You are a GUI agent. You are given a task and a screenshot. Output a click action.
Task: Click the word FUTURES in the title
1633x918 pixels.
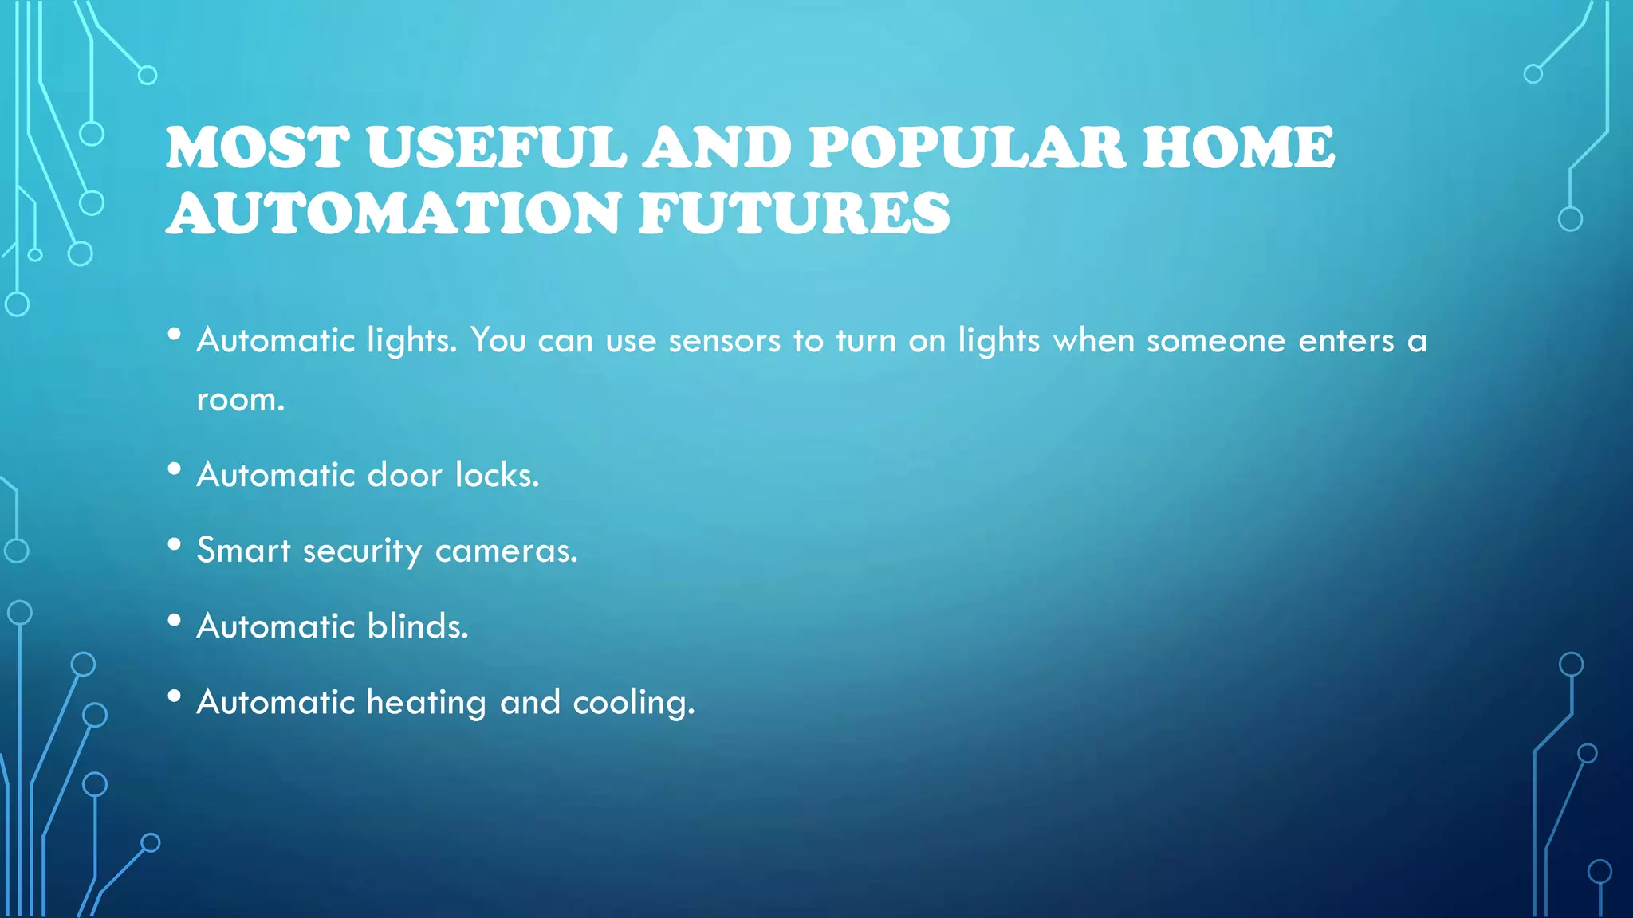pyautogui.click(x=793, y=214)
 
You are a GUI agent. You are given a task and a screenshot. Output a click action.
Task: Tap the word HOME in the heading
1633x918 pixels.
pyautogui.click(x=1238, y=147)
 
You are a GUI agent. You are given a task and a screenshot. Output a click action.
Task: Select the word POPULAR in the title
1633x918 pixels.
pyautogui.click(x=967, y=147)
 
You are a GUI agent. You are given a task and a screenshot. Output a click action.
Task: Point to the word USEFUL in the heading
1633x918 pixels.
pyautogui.click(x=497, y=147)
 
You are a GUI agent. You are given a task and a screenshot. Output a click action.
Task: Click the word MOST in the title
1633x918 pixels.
pyautogui.click(x=258, y=147)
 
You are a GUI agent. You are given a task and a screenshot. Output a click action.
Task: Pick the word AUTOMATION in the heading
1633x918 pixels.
pyautogui.click(x=395, y=214)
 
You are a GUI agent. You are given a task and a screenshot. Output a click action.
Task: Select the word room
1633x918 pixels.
pyautogui.click(x=240, y=399)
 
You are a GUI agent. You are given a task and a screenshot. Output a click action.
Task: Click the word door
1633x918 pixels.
pyautogui.click(x=404, y=475)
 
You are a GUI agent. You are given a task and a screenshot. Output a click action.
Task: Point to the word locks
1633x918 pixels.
pyautogui.click(x=497, y=475)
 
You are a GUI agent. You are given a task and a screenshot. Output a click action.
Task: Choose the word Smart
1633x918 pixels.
pyautogui.click(x=243, y=551)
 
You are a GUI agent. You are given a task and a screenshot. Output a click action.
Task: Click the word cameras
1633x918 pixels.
pyautogui.click(x=506, y=551)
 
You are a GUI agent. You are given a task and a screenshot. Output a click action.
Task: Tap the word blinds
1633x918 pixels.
pyautogui.click(x=417, y=626)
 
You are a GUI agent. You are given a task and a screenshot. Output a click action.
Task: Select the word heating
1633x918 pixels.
pyautogui.click(x=426, y=703)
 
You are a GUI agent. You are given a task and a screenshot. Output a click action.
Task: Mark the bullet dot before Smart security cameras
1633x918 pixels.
pyautogui.click(x=175, y=545)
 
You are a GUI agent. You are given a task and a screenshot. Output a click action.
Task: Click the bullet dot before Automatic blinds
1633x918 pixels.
pyautogui.click(x=175, y=621)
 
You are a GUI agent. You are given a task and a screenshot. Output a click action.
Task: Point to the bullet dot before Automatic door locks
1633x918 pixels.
pyautogui.click(x=175, y=469)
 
